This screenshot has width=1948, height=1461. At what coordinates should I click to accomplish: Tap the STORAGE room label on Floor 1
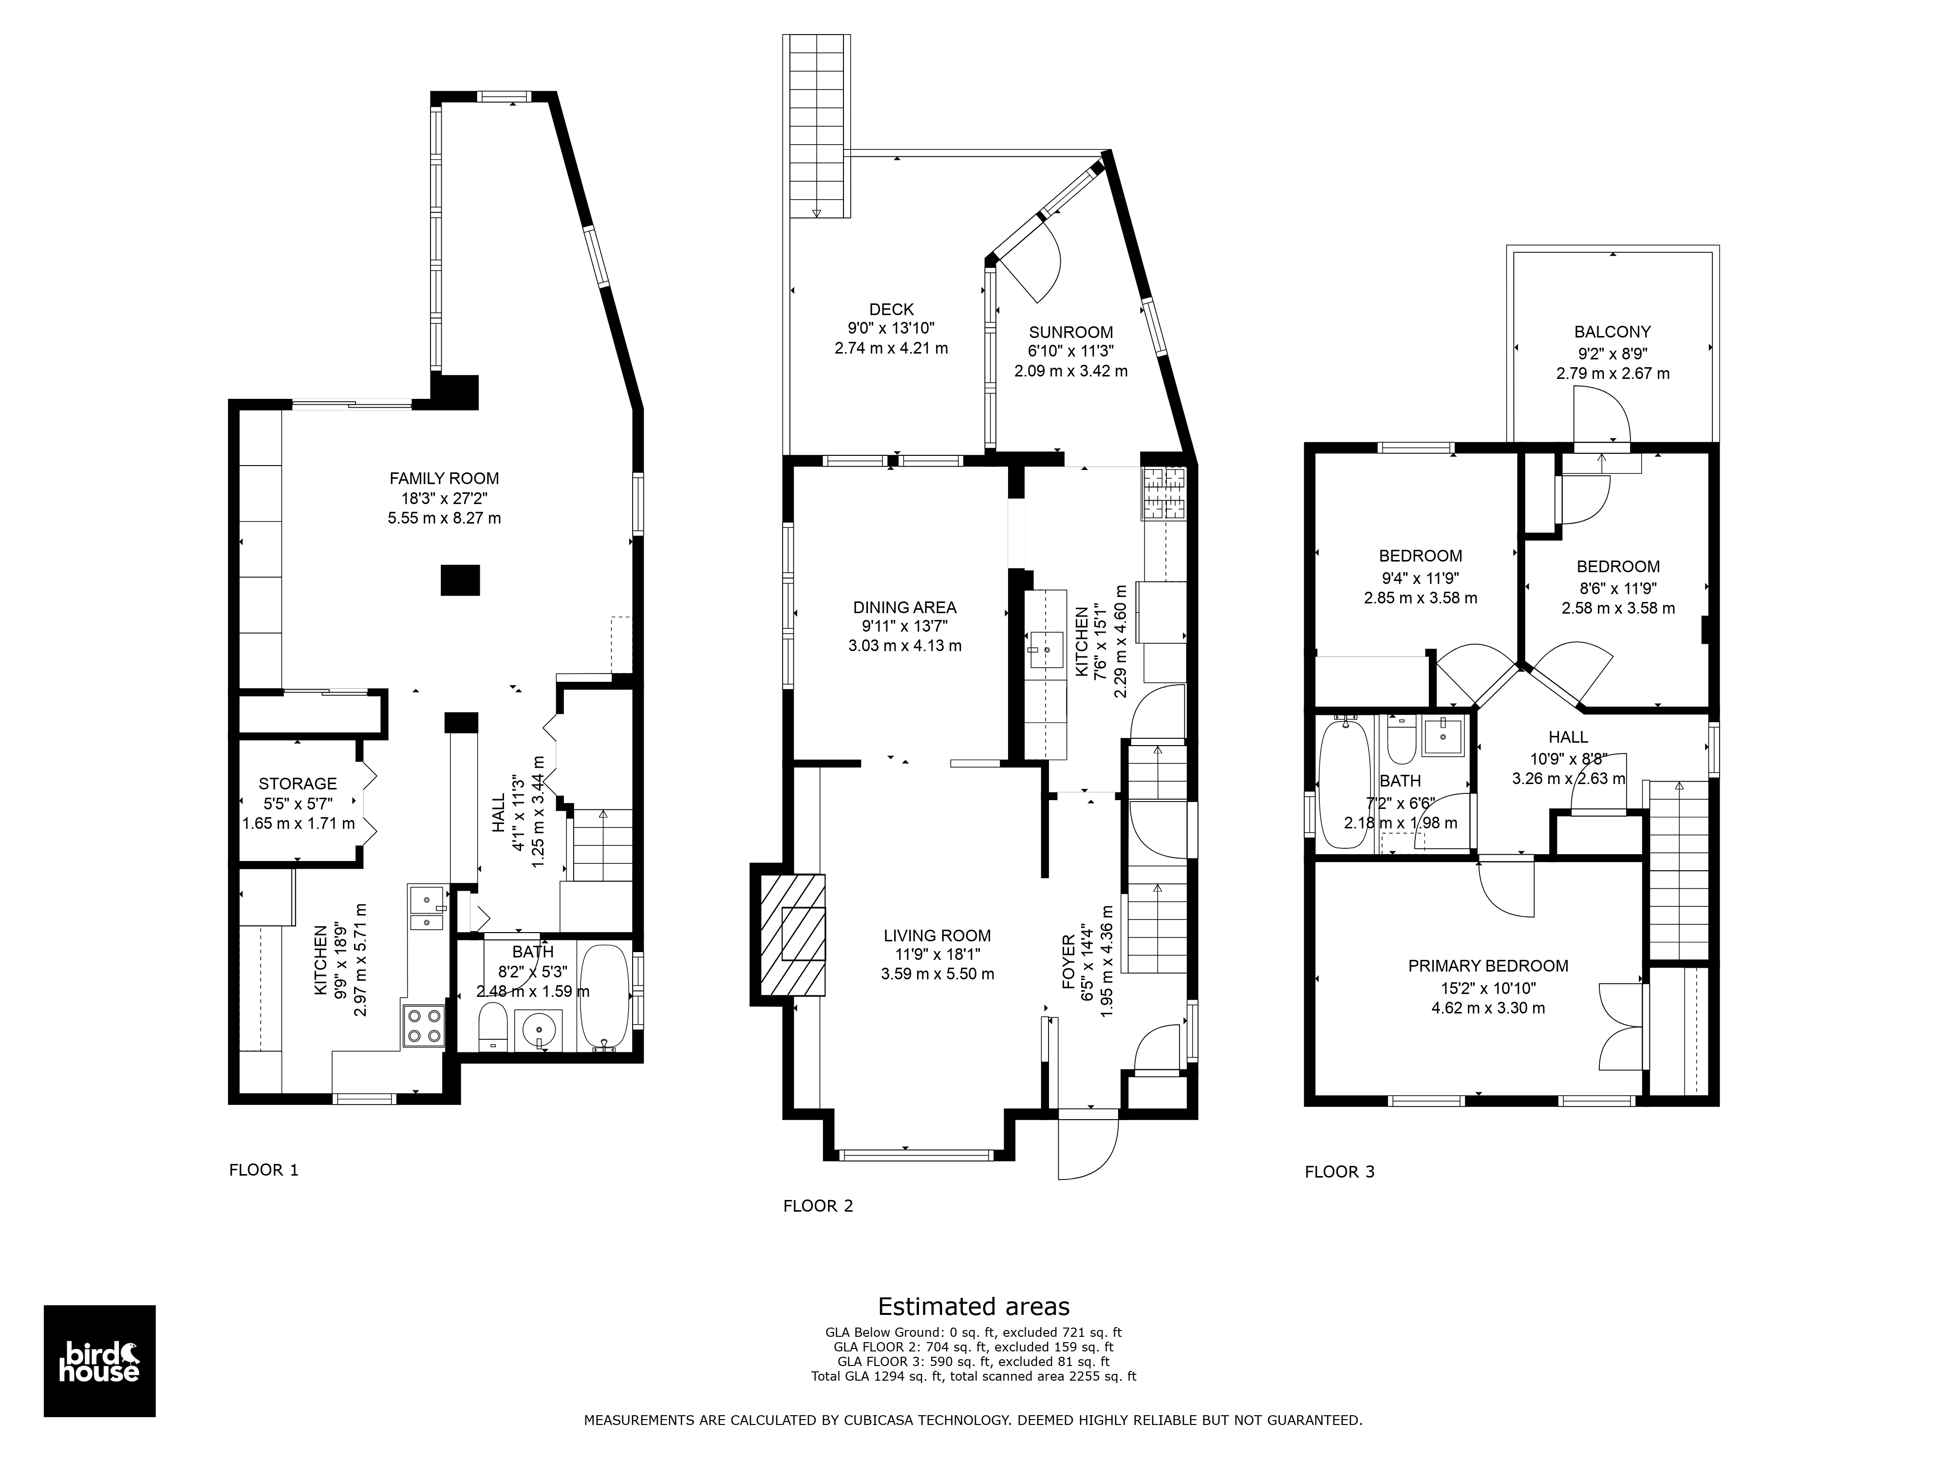click(298, 784)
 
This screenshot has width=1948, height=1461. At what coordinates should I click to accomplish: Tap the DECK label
click(891, 309)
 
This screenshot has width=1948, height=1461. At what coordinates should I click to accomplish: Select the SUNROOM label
click(1071, 332)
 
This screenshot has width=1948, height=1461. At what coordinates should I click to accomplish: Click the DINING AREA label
click(904, 607)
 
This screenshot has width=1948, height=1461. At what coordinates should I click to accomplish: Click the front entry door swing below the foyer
click(1088, 1147)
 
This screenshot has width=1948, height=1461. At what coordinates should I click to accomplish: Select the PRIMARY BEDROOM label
click(1488, 966)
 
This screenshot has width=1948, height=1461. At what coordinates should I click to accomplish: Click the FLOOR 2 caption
click(818, 1206)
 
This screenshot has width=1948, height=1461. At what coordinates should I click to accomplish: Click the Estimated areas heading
click(974, 1306)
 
